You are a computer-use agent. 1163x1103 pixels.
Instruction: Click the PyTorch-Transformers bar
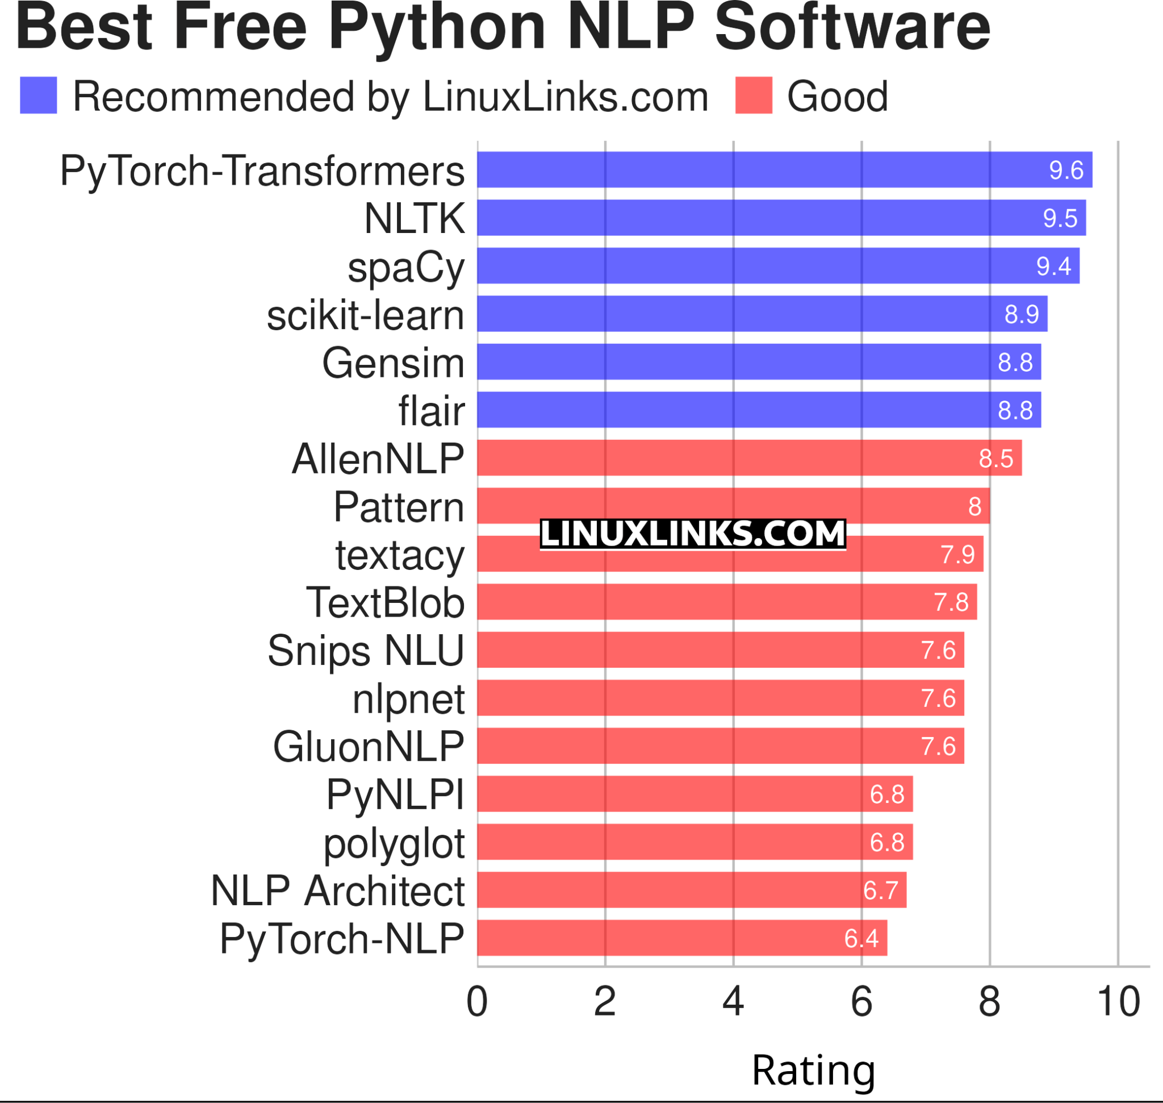point(785,170)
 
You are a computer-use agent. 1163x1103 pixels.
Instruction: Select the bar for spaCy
point(778,266)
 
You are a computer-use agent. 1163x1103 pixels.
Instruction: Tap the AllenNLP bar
point(749,458)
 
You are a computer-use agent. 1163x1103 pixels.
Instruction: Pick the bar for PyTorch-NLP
point(681,938)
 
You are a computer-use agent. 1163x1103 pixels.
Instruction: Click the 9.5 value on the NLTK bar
point(1060,218)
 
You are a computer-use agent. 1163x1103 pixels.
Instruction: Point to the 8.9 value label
point(1022,314)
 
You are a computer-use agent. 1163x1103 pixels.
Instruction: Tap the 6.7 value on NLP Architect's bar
point(880,890)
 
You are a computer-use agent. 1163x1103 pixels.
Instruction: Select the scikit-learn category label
point(365,316)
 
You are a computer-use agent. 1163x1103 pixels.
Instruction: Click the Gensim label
point(393,363)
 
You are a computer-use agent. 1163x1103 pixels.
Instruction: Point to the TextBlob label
point(385,603)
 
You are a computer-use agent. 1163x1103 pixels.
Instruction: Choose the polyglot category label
point(394,844)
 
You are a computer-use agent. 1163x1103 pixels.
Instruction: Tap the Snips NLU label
point(366,651)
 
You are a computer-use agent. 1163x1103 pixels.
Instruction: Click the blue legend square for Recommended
point(38,95)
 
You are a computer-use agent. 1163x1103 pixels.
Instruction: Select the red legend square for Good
point(754,95)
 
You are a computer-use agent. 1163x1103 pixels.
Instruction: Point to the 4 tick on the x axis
point(733,1001)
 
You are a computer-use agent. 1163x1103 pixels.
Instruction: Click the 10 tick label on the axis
point(1118,1001)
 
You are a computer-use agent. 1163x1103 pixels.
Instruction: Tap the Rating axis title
point(813,1070)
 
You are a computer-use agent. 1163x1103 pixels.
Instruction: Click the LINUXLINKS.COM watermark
point(693,534)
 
